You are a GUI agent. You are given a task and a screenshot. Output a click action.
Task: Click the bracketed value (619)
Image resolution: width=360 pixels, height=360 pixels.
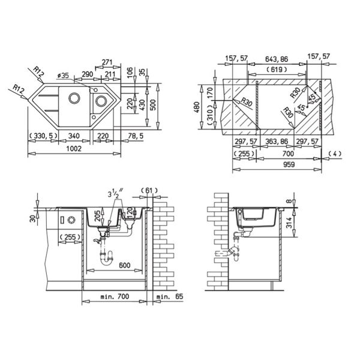click(276, 70)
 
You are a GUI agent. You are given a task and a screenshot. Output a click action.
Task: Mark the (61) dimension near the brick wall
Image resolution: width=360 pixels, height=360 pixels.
click(147, 191)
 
